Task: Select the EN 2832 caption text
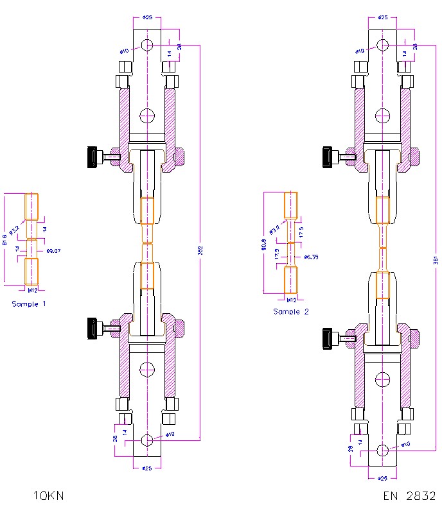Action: [409, 496]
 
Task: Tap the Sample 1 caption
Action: [29, 303]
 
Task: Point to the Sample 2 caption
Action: [291, 311]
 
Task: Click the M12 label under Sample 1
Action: [31, 290]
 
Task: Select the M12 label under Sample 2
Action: [291, 300]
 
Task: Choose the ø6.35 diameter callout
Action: [310, 257]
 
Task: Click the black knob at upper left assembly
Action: [91, 156]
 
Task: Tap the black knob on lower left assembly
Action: [91, 327]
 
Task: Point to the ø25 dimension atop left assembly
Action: [147, 18]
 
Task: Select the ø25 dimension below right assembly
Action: [383, 478]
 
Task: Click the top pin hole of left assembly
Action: [147, 45]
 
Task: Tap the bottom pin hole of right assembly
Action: [383, 450]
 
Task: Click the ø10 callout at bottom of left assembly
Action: [170, 434]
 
